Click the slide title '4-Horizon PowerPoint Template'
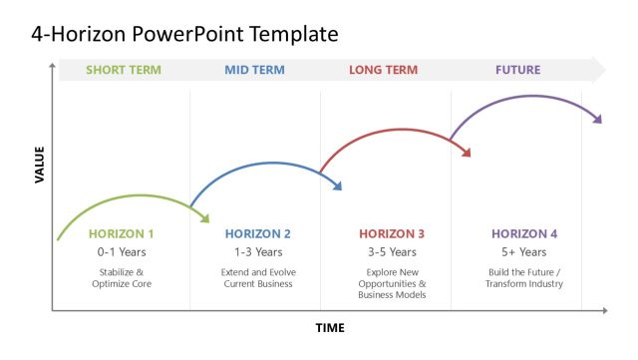pos(184,34)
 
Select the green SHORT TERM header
pos(123,70)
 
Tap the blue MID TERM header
pos(254,70)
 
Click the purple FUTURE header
pos(517,70)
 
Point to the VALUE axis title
pos(40,164)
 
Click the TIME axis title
pos(330,327)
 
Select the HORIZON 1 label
pos(122,234)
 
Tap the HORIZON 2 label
pos(258,234)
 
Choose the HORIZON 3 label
pos(392,234)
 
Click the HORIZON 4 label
pos(524,234)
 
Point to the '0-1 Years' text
pos(122,252)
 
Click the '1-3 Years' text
pos(258,252)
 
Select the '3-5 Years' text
pos(392,252)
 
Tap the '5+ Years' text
pos(524,252)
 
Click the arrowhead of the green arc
pos(204,217)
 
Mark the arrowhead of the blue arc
pos(337,184)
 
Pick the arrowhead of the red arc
pos(466,152)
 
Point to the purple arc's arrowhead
pos(597,119)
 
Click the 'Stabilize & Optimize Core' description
pos(122,277)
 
